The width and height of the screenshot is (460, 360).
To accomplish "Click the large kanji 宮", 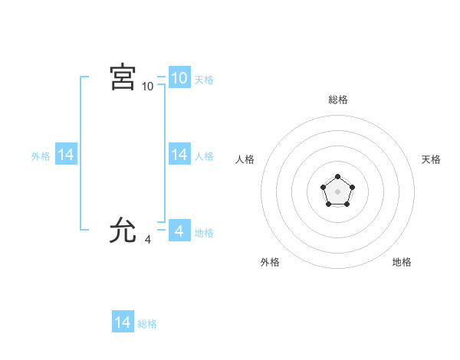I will pos(123,78).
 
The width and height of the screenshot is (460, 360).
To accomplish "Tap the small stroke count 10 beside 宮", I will pos(147,87).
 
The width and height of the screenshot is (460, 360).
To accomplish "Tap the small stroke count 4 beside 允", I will pos(147,240).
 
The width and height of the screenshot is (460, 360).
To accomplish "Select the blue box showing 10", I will pos(179,78).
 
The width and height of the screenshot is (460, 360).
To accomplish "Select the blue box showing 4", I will pos(179,230).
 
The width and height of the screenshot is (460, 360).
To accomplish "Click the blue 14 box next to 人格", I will pos(179,155).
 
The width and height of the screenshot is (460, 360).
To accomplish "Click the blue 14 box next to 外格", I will pos(66,155).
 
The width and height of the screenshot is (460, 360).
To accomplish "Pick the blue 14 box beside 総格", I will pos(123,322).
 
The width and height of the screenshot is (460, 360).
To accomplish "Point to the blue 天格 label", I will pos(204,80).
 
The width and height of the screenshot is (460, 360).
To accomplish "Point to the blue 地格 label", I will pos(204,232).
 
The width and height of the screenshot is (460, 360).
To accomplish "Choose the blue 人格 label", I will pos(204,156).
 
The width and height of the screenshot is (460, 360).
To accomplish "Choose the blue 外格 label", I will pos(41,156).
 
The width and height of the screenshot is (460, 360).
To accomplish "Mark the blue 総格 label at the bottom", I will pos(147,324).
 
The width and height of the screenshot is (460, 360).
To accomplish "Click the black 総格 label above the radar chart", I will pos(337,100).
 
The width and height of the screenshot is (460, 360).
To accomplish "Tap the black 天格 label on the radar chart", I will pos(431,159).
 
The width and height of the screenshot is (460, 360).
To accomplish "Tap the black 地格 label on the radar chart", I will pos(402,262).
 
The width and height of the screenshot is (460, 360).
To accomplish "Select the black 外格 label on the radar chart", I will pos(270,262).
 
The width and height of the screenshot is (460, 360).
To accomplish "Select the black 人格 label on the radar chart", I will pos(245,159).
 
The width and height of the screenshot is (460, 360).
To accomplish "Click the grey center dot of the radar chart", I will pos(337,191).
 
